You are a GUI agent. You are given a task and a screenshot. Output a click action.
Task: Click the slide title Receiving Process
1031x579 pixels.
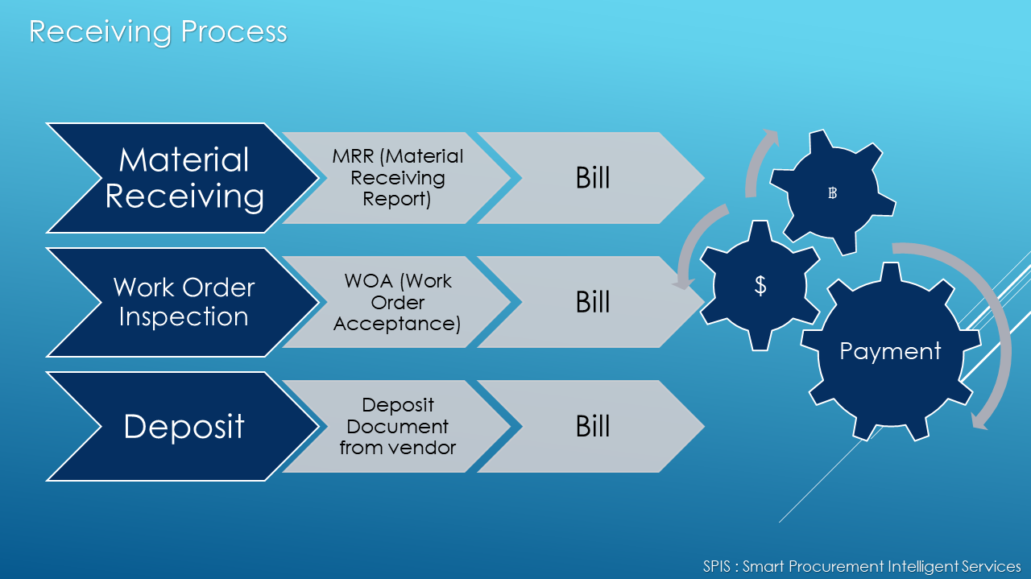(158, 32)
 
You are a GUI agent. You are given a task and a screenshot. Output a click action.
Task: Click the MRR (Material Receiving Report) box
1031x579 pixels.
(398, 178)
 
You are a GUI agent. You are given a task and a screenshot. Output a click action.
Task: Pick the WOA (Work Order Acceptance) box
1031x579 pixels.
(398, 303)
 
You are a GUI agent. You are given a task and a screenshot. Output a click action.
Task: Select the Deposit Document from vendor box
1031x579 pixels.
(398, 426)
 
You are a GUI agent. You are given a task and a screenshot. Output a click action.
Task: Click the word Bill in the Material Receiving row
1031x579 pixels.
(593, 178)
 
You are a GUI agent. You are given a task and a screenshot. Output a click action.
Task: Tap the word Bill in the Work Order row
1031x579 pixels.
(593, 303)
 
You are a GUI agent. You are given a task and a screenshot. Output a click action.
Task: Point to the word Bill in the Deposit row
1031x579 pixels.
(593, 426)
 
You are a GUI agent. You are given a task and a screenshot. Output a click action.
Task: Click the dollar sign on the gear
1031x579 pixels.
(760, 285)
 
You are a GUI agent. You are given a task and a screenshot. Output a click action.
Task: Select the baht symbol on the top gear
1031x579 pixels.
(832, 192)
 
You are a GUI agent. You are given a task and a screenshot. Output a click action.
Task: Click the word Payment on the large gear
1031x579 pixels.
(890, 352)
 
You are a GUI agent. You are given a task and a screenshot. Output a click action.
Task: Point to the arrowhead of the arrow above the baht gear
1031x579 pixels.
(769, 137)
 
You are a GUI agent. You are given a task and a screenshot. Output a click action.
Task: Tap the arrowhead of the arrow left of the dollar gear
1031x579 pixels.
(683, 283)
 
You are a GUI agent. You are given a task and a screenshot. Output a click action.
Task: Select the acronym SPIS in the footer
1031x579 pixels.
(717, 566)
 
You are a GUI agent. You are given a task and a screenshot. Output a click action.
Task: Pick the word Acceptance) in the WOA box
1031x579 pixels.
(397, 324)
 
